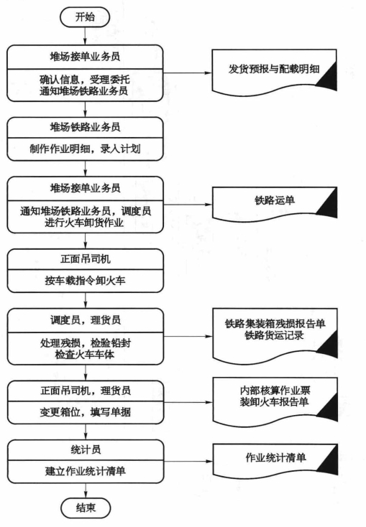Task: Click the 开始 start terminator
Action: click(x=85, y=17)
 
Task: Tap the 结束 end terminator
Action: click(x=86, y=508)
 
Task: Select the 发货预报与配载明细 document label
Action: click(x=274, y=69)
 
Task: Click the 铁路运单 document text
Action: click(x=275, y=200)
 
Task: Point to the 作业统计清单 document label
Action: click(x=275, y=457)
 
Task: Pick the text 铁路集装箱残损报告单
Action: click(x=275, y=324)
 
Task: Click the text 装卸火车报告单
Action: click(x=274, y=401)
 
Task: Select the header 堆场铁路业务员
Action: click(x=85, y=127)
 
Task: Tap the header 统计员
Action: click(x=86, y=449)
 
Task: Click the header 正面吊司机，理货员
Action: click(x=85, y=391)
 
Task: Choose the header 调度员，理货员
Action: click(x=85, y=320)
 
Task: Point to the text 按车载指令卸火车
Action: click(x=85, y=280)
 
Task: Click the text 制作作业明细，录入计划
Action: click(x=85, y=149)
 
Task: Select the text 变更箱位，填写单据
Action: click(x=85, y=412)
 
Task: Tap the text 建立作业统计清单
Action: click(x=85, y=471)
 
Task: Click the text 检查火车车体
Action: click(x=85, y=354)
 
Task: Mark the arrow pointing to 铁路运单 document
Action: click(x=188, y=204)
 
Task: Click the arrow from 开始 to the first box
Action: click(x=85, y=37)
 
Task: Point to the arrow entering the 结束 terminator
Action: click(x=86, y=490)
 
